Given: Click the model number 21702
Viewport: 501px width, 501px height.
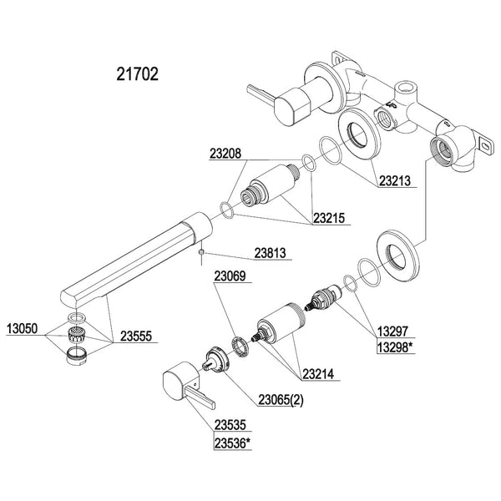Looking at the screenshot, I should click(x=133, y=73).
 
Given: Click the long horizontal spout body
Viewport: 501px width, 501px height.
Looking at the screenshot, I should click(x=134, y=255).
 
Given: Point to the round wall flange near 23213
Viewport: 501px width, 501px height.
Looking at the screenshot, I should click(x=361, y=134).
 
